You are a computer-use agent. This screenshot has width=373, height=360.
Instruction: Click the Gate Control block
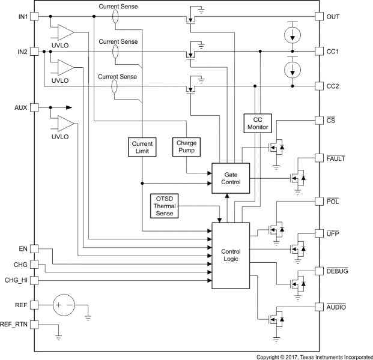pyautogui.click(x=231, y=178)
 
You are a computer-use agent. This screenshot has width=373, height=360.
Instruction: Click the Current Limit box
pyautogui.click(x=142, y=148)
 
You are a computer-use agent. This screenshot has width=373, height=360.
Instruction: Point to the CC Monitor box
pyautogui.click(x=257, y=124)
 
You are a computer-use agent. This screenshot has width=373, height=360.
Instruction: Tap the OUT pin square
pyautogui.click(x=320, y=16)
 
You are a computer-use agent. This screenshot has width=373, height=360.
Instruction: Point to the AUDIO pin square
pyautogui.click(x=320, y=307)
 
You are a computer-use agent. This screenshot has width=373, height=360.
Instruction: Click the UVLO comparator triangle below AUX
pyautogui.click(x=65, y=124)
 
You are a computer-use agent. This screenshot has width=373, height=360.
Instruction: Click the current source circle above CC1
pyautogui.click(x=293, y=34)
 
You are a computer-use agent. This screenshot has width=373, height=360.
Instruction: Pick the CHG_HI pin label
pyautogui.click(x=16, y=280)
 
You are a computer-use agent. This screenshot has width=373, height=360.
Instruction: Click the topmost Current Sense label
pyautogui.click(x=118, y=6)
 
